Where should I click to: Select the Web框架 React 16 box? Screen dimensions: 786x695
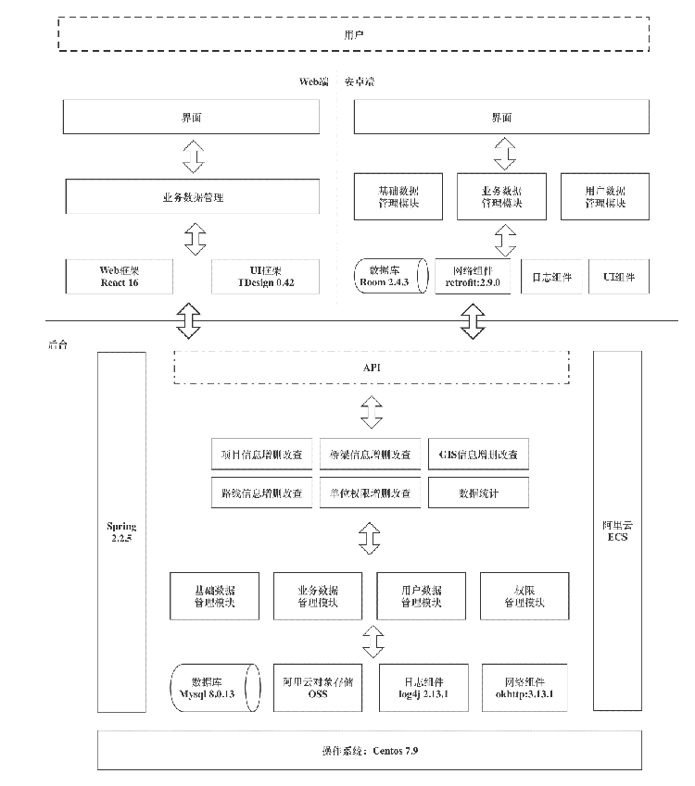(120, 276)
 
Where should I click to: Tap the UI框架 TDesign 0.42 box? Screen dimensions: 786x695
(265, 276)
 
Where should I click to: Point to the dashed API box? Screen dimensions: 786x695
(372, 368)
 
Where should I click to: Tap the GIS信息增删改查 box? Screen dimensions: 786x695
(478, 455)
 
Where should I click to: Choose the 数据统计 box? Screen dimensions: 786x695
(478, 493)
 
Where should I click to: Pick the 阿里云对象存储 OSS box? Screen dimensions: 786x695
(318, 687)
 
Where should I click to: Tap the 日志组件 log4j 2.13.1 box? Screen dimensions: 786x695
(423, 687)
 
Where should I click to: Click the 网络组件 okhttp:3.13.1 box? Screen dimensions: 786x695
(524, 687)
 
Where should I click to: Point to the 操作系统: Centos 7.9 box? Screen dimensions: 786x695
(370, 749)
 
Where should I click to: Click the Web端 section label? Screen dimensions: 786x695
(313, 81)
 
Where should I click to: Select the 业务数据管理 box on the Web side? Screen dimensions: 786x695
(193, 197)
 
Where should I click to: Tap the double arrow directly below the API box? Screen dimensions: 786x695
(372, 411)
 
